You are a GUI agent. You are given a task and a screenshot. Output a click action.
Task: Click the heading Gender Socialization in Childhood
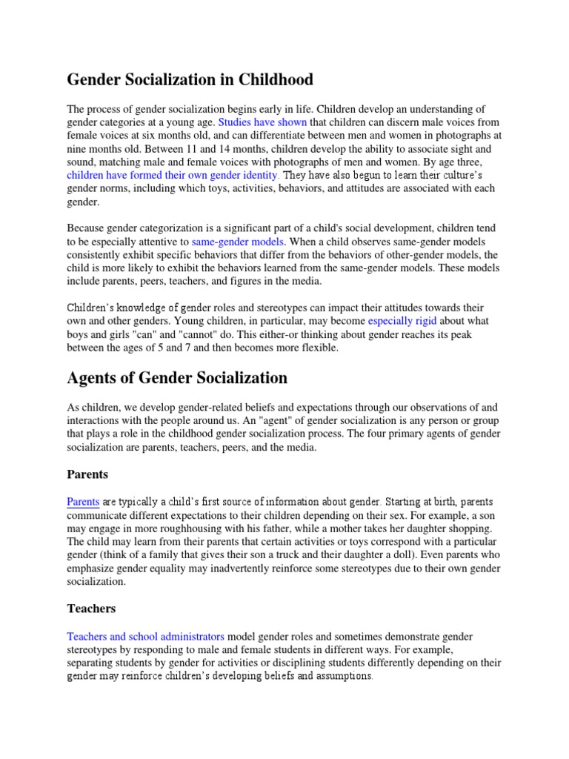190,79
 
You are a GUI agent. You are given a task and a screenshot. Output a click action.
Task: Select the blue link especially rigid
402,322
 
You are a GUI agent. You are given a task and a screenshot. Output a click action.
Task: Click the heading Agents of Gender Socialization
177,378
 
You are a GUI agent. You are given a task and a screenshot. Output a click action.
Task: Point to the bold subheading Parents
87,474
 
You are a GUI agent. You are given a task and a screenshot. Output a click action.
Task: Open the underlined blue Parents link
82,502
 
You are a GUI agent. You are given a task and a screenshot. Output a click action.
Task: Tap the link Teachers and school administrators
145,637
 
